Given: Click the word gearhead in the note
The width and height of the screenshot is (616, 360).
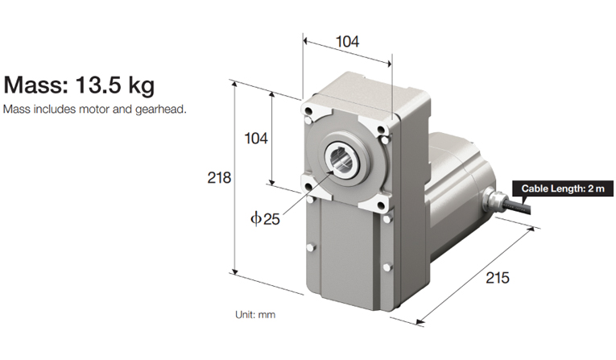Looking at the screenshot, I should click(166, 109).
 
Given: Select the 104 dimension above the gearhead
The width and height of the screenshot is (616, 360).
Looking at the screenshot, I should click(347, 41).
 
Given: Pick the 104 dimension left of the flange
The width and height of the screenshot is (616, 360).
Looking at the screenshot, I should click(256, 139).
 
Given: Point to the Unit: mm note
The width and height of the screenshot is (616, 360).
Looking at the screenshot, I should click(255, 315).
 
